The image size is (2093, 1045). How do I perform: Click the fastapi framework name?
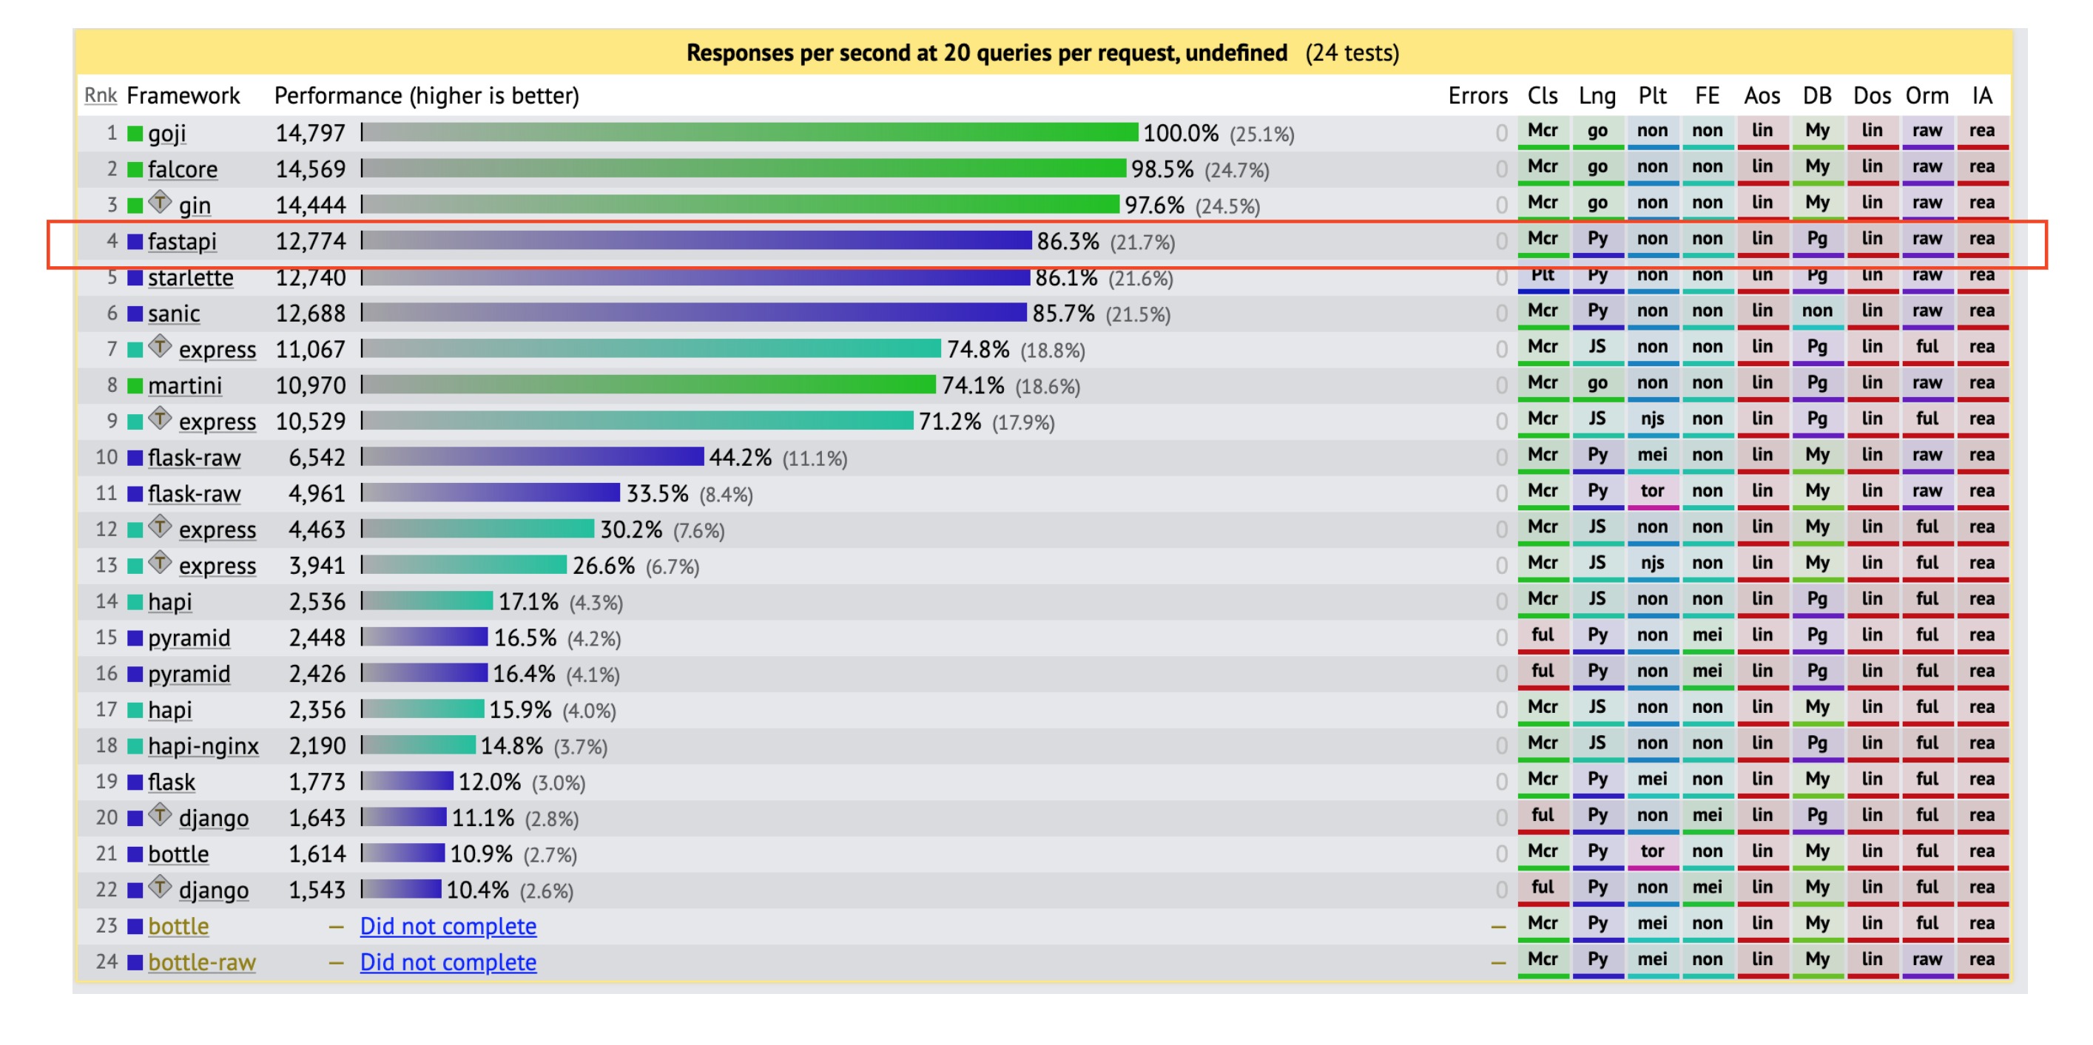click(182, 241)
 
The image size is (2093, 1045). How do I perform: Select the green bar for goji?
click(749, 132)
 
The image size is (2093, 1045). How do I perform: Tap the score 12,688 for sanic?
click(311, 314)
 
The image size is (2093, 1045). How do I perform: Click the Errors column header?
click(1477, 96)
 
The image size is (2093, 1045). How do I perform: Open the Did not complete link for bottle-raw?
click(448, 962)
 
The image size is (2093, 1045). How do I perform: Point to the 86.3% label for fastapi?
click(1068, 241)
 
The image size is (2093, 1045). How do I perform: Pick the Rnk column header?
click(100, 96)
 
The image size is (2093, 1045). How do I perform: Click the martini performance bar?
click(648, 385)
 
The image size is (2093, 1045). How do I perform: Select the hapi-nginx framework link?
click(203, 745)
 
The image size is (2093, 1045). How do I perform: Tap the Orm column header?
click(1927, 96)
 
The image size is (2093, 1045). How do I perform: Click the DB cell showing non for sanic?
click(1817, 311)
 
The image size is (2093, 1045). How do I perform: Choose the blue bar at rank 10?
click(533, 457)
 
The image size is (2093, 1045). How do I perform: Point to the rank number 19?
click(107, 781)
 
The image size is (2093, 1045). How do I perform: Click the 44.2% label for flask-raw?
click(740, 457)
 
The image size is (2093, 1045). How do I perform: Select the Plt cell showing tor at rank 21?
click(1652, 851)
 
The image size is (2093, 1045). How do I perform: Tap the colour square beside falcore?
click(135, 169)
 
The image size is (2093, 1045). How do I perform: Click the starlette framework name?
click(190, 277)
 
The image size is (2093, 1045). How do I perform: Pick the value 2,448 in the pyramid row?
click(317, 638)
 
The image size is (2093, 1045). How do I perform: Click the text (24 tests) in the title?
click(1352, 53)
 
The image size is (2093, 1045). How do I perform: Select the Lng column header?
click(1597, 96)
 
